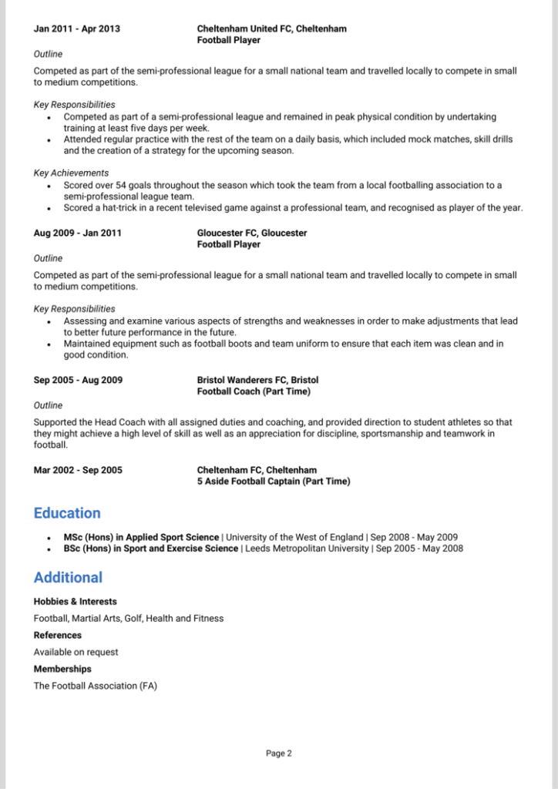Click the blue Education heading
point(67,513)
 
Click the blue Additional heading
point(68,578)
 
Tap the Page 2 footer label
point(279,754)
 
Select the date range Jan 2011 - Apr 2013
point(77,29)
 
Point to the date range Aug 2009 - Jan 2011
point(78,233)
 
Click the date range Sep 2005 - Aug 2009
point(78,380)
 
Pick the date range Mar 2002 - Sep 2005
point(78,470)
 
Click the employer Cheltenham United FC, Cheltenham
point(271,29)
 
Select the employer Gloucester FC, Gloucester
point(252,233)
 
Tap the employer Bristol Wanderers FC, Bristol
point(257,380)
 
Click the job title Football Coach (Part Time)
point(254,391)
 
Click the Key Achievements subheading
point(71,173)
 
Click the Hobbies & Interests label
point(76,601)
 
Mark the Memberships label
point(62,669)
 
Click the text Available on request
point(76,652)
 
